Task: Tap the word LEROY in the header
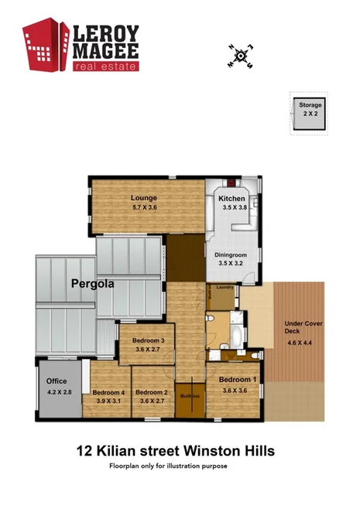[x=106, y=33]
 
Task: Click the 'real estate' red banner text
[x=105, y=67]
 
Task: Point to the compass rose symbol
[x=241, y=56]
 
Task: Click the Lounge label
[x=144, y=197]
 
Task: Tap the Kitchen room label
[x=232, y=199]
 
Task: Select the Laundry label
[x=225, y=288]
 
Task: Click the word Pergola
[x=92, y=283]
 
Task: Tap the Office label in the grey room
[x=57, y=381]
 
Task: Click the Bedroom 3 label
[x=147, y=340]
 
